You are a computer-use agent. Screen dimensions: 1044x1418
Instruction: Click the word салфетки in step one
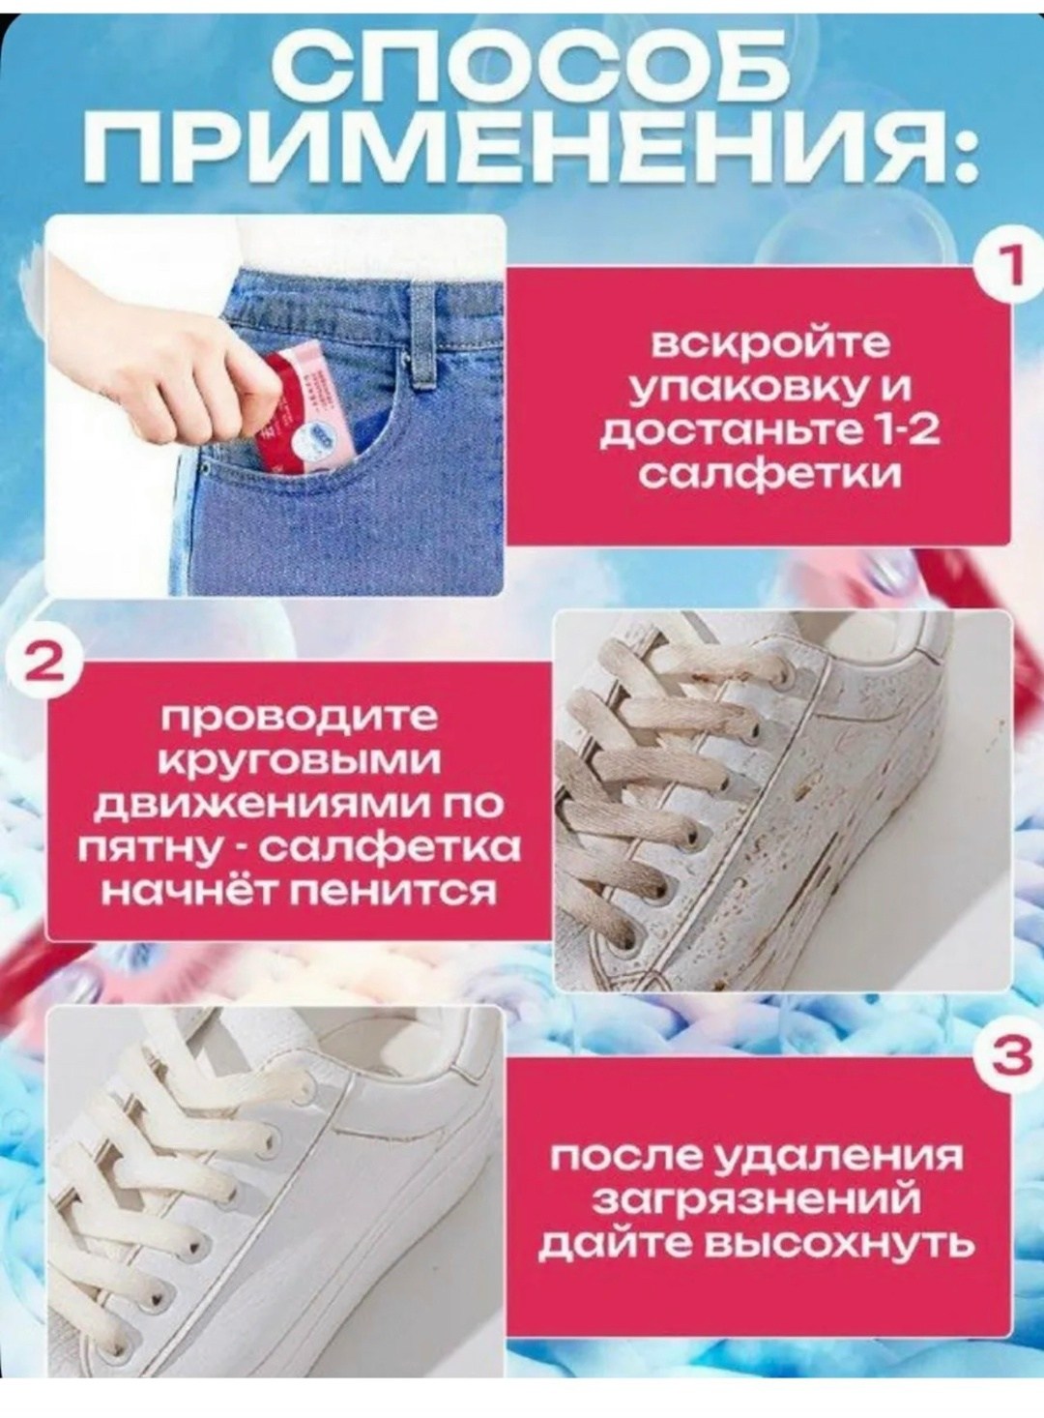(x=769, y=478)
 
